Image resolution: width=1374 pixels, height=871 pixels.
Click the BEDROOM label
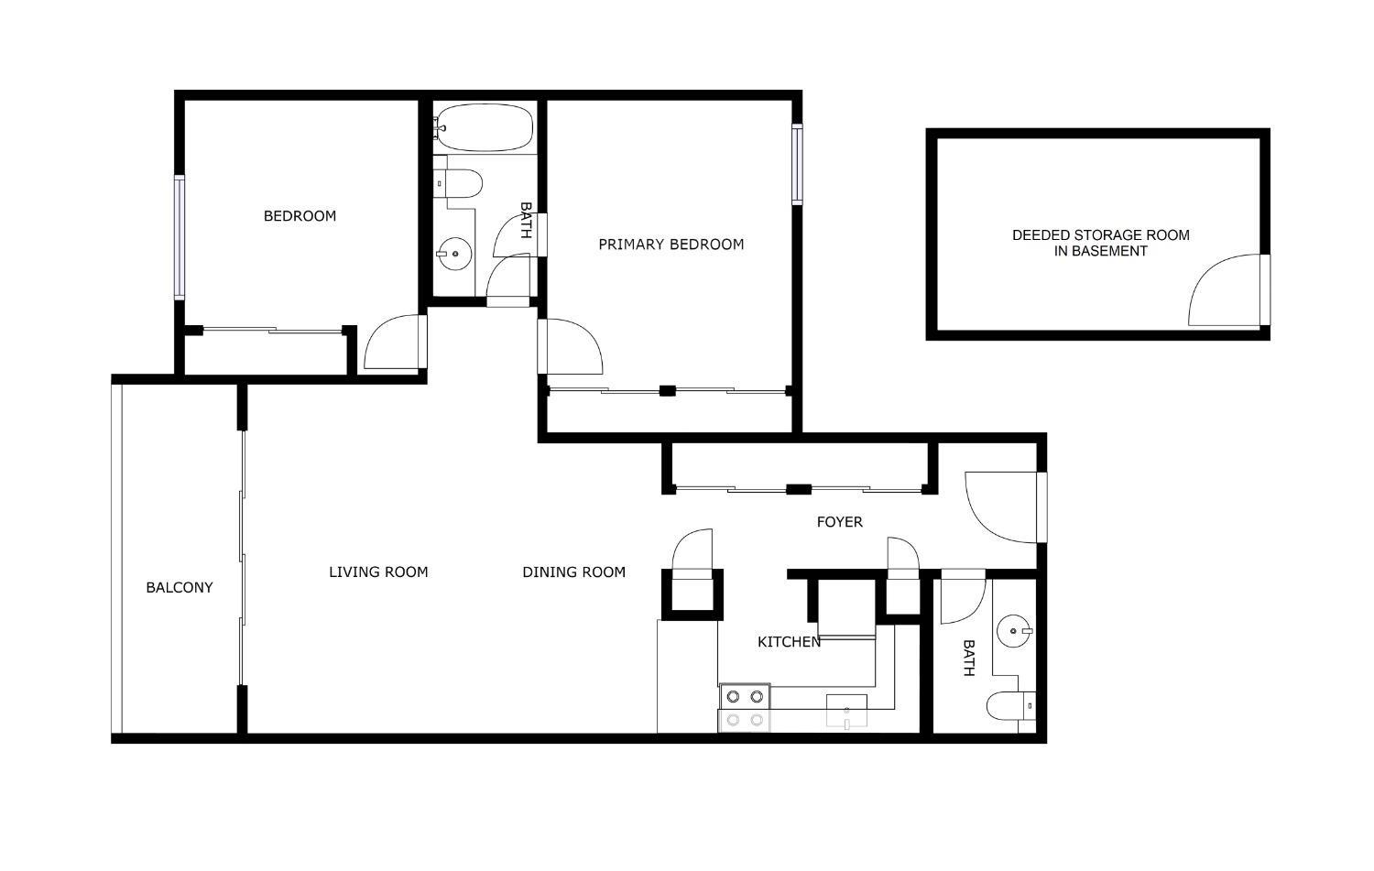pyautogui.click(x=300, y=216)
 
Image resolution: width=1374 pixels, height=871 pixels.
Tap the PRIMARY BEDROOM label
pyautogui.click(x=671, y=245)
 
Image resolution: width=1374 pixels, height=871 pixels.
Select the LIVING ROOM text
pyautogui.click(x=378, y=572)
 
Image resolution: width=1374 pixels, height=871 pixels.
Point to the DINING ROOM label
pyautogui.click(x=573, y=572)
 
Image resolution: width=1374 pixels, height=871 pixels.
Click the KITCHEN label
pyautogui.click(x=789, y=642)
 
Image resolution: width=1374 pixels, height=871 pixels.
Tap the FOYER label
pyautogui.click(x=839, y=522)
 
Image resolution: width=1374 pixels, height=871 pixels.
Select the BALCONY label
pyautogui.click(x=180, y=588)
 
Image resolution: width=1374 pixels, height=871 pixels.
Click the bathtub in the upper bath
pyautogui.click(x=485, y=127)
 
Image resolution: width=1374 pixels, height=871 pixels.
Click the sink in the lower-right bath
pyautogui.click(x=1014, y=630)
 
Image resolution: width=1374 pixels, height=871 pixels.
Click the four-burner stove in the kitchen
pyautogui.click(x=744, y=708)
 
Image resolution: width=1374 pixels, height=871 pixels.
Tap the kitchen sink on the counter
pyautogui.click(x=846, y=710)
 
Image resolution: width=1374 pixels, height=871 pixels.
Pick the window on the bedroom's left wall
pyautogui.click(x=180, y=237)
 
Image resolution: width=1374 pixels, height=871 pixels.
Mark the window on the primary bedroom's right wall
pyautogui.click(x=797, y=164)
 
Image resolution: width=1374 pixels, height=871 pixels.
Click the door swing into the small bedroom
pyautogui.click(x=395, y=343)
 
